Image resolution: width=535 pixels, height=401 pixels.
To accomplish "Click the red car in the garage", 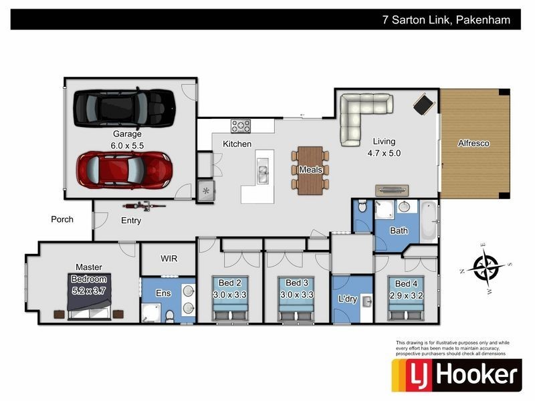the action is (124, 170).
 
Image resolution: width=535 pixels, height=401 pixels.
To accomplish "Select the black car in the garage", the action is (124, 108).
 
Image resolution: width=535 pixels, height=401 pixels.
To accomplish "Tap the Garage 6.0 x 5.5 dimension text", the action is (127, 146).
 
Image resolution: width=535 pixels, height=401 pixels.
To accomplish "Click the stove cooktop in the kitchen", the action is (241, 126).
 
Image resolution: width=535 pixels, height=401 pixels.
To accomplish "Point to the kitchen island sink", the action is (262, 170).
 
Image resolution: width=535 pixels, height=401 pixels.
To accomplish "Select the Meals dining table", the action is (310, 170).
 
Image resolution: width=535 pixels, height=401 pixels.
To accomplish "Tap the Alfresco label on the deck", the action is (473, 143).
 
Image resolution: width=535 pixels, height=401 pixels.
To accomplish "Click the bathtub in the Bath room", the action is (428, 222).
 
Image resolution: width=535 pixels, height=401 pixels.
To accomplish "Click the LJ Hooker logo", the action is (457, 375).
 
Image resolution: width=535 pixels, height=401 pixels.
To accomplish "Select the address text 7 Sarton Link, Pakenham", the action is (446, 20).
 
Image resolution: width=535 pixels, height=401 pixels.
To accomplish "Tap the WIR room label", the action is (169, 259).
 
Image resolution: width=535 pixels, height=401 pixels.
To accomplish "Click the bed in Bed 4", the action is (406, 297).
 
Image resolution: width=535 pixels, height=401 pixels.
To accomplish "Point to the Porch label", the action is (62, 219).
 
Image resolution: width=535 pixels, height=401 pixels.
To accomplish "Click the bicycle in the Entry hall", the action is (144, 206).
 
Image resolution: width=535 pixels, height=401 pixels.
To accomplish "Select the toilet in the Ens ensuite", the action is (169, 316).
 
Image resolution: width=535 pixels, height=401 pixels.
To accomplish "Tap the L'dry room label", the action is (348, 299).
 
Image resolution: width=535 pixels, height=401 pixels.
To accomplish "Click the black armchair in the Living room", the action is (424, 104).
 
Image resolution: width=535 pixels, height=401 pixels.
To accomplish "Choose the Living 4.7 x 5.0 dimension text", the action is (384, 147).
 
